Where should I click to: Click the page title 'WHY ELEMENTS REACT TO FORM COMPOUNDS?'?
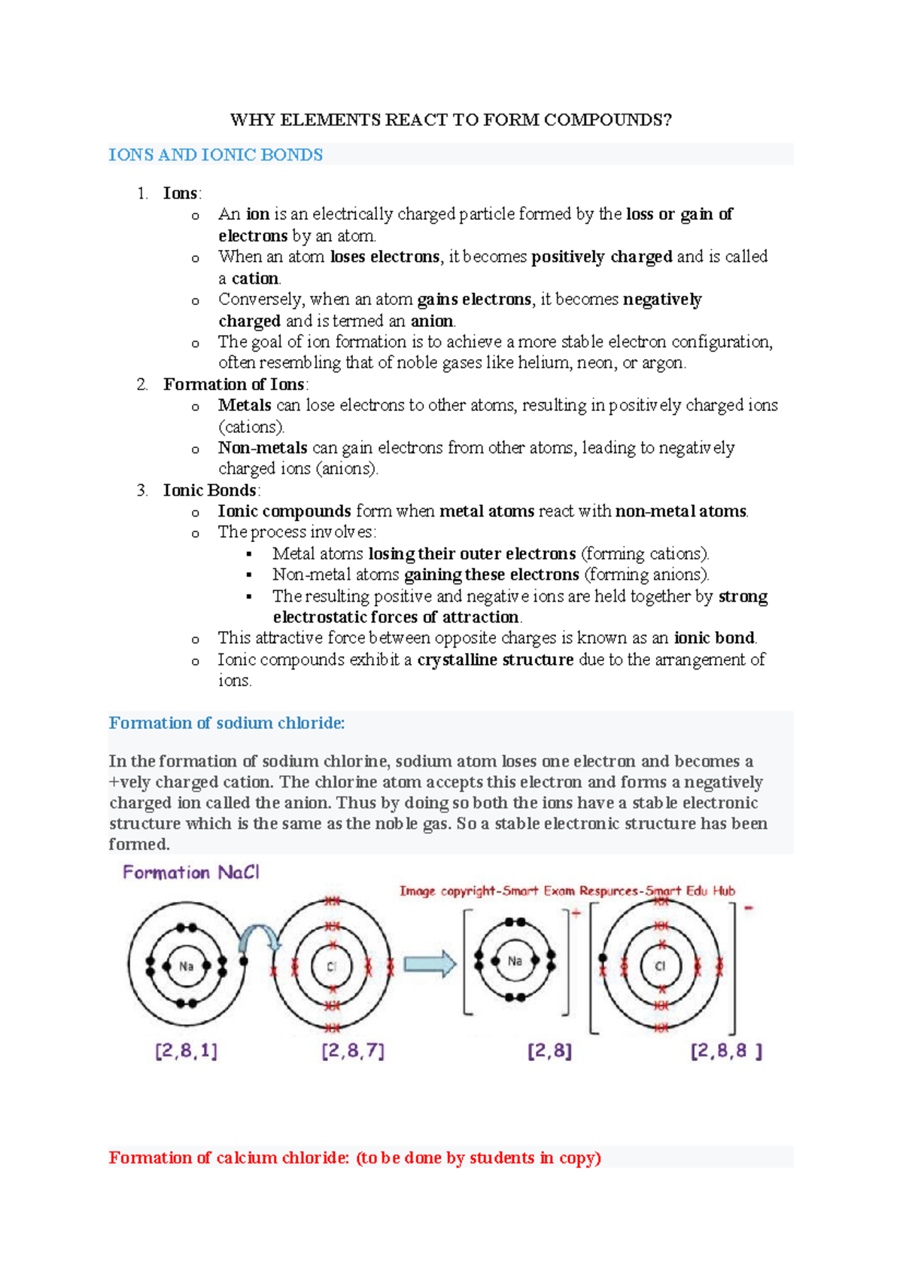tap(450, 120)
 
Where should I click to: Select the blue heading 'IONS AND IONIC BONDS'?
tap(216, 155)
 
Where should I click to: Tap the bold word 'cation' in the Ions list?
tap(255, 279)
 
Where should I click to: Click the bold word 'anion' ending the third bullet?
tap(432, 321)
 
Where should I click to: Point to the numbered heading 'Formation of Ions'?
tap(233, 385)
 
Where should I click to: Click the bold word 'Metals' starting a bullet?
tap(245, 405)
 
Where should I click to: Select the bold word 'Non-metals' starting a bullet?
tap(263, 448)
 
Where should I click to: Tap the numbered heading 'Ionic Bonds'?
tap(210, 491)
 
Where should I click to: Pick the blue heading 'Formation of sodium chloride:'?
tap(227, 724)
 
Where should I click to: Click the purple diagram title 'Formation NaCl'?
tap(191, 873)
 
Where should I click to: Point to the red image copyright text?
tap(567, 891)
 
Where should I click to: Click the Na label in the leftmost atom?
tap(186, 966)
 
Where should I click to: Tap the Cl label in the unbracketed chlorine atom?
tap(331, 967)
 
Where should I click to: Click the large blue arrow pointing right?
tap(430, 965)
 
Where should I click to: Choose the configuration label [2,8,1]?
tap(186, 1051)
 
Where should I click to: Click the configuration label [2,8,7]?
tap(352, 1051)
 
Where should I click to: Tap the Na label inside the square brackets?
tap(515, 962)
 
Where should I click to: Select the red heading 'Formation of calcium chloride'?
tap(354, 1158)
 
